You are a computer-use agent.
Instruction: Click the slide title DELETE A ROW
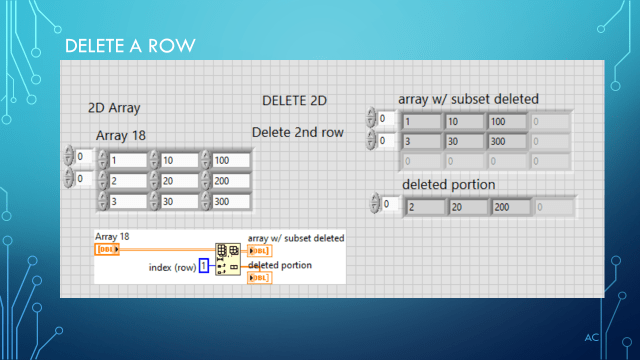[x=128, y=47]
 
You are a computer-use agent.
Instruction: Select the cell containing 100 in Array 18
[x=229, y=160]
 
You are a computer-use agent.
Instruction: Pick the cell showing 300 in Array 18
[x=229, y=202]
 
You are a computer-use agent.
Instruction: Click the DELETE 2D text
[x=294, y=101]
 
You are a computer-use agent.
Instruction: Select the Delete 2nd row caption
[x=297, y=131]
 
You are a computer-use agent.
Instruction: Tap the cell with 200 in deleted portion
[x=509, y=207]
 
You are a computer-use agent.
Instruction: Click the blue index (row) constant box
[x=203, y=265]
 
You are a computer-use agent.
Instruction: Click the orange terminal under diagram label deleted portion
[x=258, y=277]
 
